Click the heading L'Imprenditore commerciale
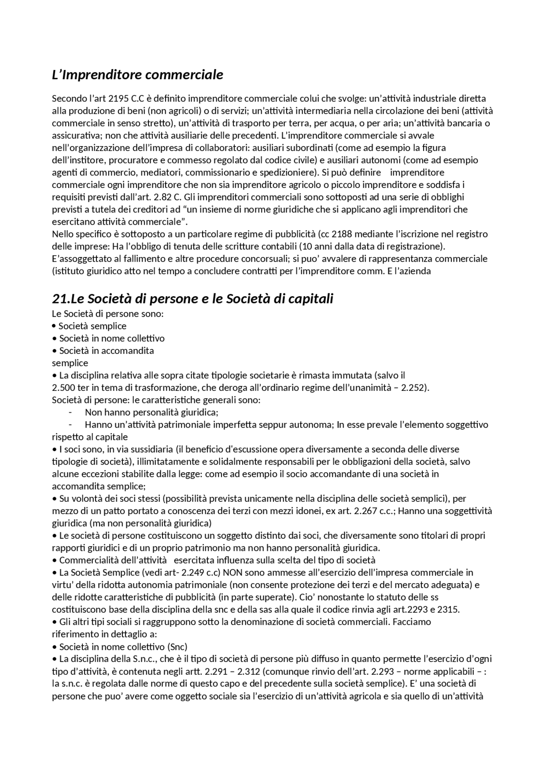[x=137, y=75]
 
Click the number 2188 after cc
[x=341, y=234]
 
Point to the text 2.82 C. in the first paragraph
[x=167, y=197]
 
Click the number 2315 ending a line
[x=449, y=610]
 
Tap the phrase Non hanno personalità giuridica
[x=151, y=413]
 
